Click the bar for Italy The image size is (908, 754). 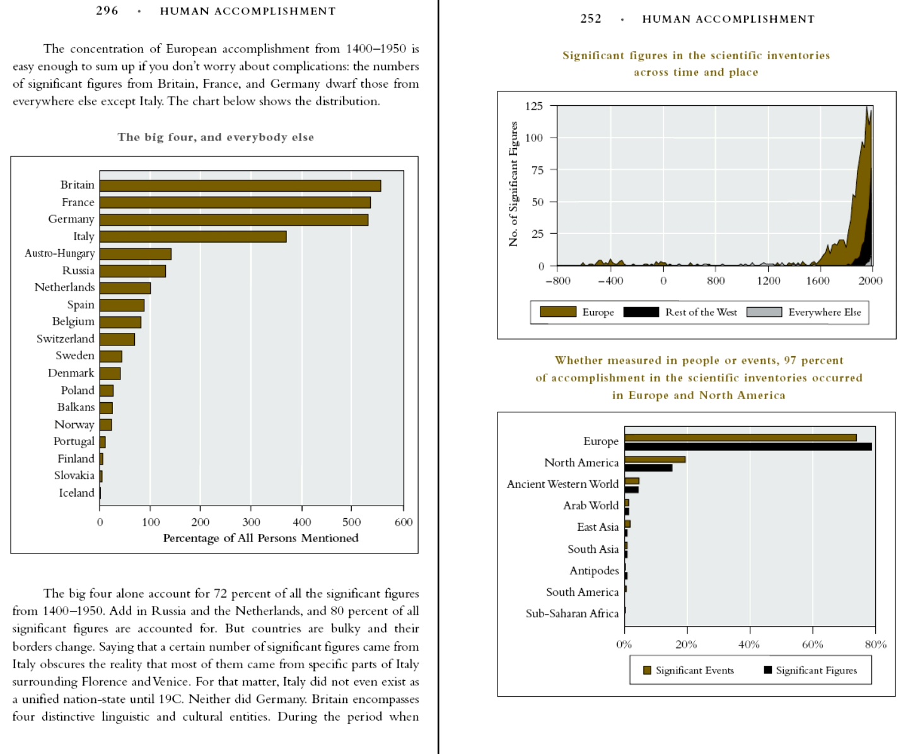193,236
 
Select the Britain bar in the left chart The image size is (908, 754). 240,185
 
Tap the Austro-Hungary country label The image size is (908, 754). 60,253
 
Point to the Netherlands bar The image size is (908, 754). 125,288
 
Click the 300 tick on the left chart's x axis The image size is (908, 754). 251,522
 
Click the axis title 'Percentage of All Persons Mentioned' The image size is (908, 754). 260,538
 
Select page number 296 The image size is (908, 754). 107,11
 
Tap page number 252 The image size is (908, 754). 591,19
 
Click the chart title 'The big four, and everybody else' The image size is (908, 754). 216,137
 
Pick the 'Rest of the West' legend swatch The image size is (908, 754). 641,312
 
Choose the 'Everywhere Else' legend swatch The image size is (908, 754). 764,312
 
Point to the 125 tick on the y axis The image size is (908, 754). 534,106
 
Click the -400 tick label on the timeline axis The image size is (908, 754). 610,281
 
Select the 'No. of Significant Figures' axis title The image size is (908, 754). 513,184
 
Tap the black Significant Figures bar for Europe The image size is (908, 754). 748,447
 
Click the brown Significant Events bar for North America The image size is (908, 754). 655,460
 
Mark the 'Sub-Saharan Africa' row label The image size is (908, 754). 572,613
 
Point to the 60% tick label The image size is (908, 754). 812,644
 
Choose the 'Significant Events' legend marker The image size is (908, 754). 647,670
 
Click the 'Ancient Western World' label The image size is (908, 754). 562,484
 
